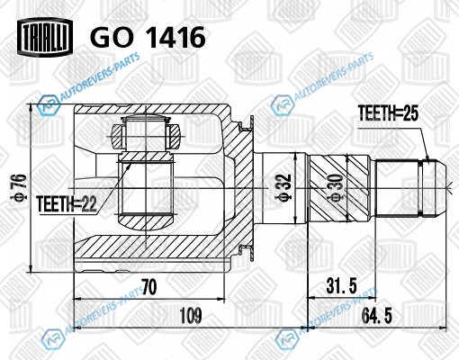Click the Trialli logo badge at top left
coord(45,37)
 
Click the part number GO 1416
coord(148,37)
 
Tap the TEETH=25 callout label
coord(388,113)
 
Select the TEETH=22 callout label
coord(67,204)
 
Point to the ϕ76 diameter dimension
coord(21,187)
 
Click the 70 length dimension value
coord(149,287)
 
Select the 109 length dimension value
coord(191,315)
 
